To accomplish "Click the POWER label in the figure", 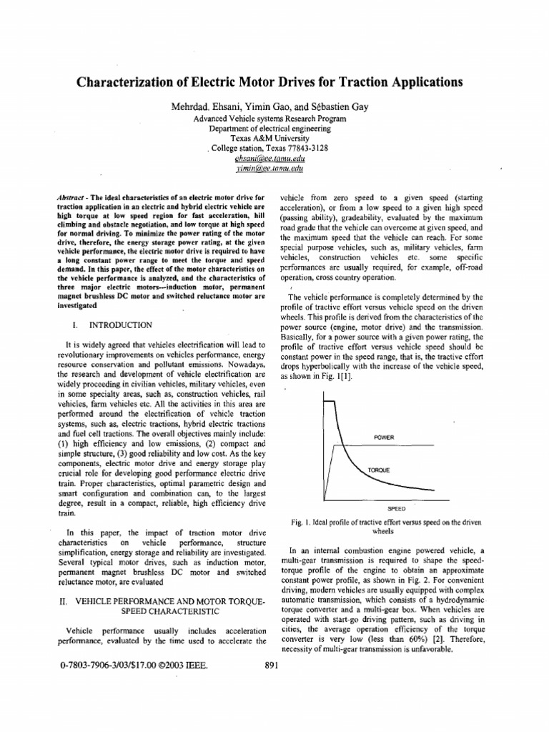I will (x=384, y=437).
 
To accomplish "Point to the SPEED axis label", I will (x=397, y=509).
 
